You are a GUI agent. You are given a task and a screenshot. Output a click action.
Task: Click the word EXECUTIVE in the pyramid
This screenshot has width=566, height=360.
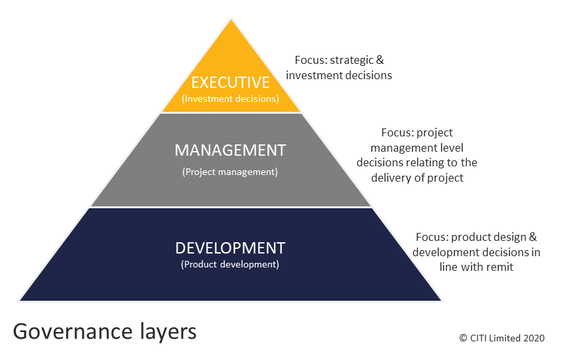click(230, 83)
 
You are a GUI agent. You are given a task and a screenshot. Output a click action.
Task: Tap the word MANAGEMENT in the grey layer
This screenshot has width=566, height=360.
click(230, 150)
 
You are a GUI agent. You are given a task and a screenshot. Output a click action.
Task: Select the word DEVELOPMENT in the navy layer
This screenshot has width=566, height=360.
click(230, 248)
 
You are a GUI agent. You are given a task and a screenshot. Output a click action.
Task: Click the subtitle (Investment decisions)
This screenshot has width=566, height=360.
click(230, 98)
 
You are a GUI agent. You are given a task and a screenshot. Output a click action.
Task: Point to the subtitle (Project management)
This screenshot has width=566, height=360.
click(230, 172)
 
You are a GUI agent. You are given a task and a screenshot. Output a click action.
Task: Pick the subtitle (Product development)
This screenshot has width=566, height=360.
click(230, 264)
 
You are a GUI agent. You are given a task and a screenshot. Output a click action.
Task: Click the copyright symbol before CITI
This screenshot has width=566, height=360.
click(463, 338)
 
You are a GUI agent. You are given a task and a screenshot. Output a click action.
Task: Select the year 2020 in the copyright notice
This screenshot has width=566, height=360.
click(534, 338)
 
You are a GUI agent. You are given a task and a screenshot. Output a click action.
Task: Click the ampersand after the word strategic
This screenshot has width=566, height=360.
click(380, 60)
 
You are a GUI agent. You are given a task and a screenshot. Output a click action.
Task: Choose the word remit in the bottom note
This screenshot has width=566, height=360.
click(499, 267)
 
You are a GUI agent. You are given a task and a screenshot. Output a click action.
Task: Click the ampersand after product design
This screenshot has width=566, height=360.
click(533, 237)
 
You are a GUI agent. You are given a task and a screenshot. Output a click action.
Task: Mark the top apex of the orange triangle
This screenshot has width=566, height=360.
click(231, 19)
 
